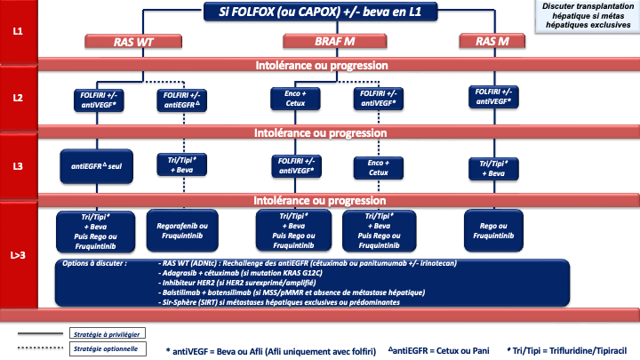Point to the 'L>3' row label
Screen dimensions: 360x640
pyautogui.click(x=18, y=256)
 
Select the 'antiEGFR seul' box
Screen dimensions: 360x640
pyautogui.click(x=97, y=165)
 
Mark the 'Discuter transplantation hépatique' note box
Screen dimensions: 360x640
pyautogui.click(x=587, y=16)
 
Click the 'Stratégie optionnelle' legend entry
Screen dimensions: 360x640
pyautogui.click(x=102, y=348)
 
